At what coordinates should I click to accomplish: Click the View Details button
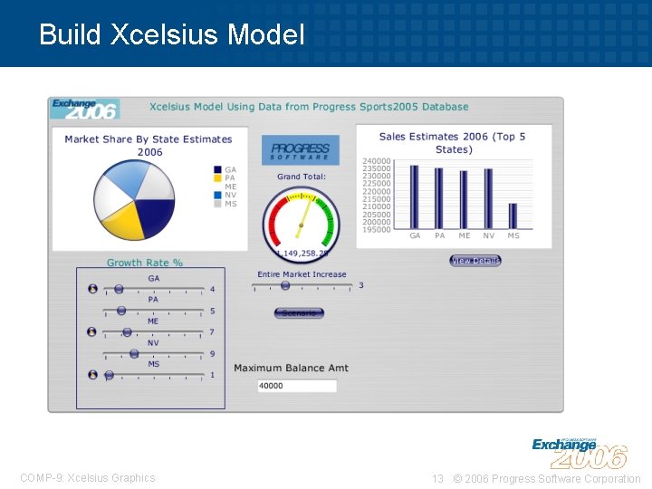pyautogui.click(x=475, y=261)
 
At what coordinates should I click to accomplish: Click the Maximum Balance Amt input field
pyautogui.click(x=296, y=386)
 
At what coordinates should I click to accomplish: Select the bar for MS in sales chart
pyautogui.click(x=513, y=216)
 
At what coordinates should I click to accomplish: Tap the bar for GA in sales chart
pyautogui.click(x=415, y=197)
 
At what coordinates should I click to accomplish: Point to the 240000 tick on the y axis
pyautogui.click(x=376, y=160)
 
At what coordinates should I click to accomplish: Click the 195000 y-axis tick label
pyautogui.click(x=376, y=229)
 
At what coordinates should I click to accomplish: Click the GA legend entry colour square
pyautogui.click(x=217, y=170)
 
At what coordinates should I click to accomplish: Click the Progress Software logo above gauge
pyautogui.click(x=301, y=150)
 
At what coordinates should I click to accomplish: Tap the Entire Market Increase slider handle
pyautogui.click(x=285, y=285)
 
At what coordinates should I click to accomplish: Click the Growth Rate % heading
pyautogui.click(x=145, y=263)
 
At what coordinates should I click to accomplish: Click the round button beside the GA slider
pyautogui.click(x=92, y=289)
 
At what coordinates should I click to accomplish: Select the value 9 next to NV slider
pyautogui.click(x=212, y=354)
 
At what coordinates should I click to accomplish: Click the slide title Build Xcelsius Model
pyautogui.click(x=172, y=34)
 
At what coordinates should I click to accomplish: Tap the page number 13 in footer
pyautogui.click(x=437, y=478)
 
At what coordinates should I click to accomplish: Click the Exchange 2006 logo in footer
pyautogui.click(x=579, y=452)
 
